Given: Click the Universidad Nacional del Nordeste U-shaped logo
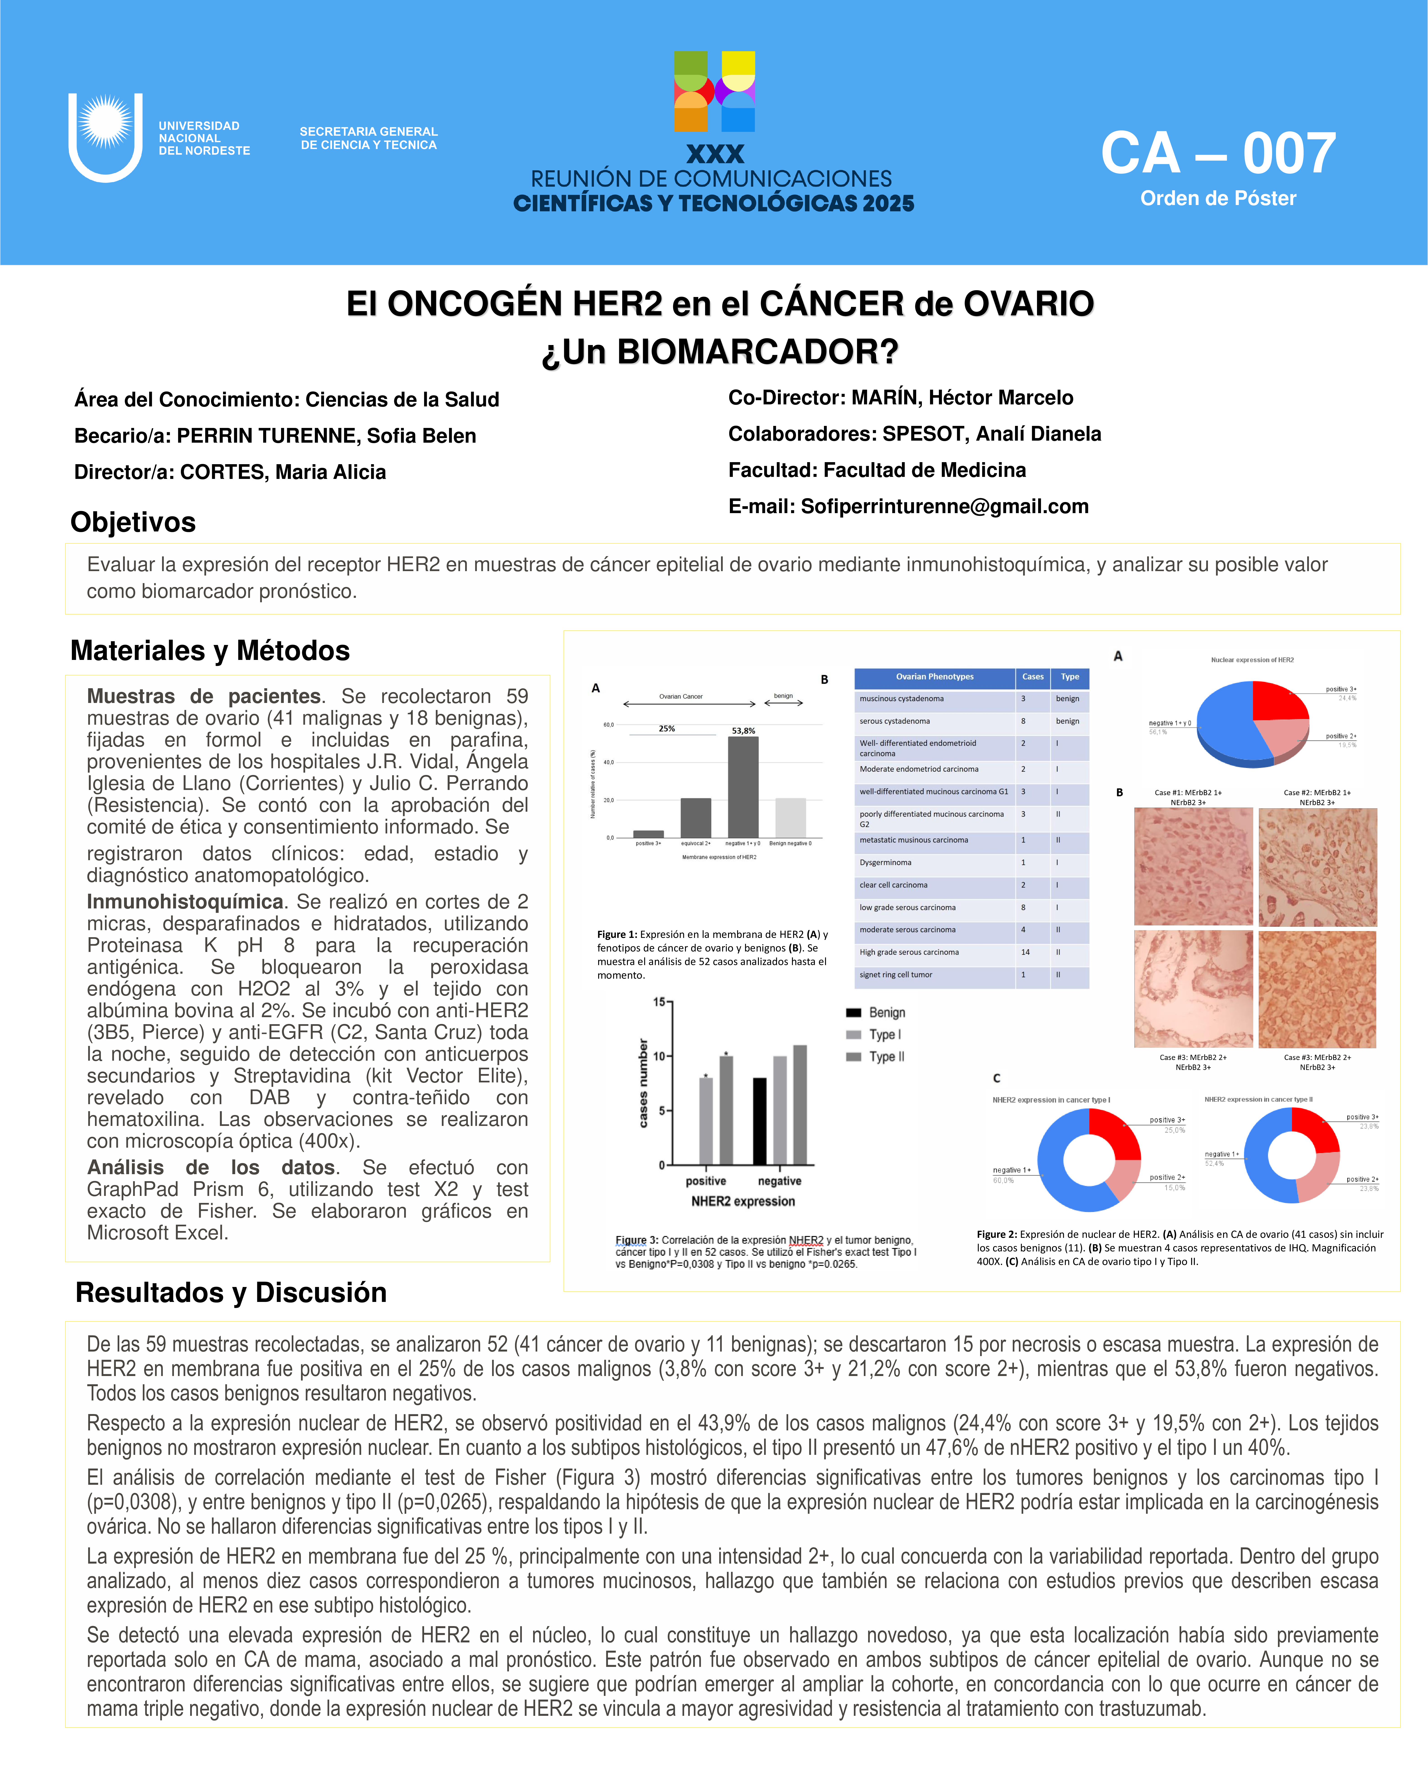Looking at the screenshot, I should [x=105, y=137].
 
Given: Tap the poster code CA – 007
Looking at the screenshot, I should [x=1218, y=154].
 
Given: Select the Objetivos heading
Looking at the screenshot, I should [x=133, y=522].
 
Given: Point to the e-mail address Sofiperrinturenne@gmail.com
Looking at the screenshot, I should [x=945, y=506].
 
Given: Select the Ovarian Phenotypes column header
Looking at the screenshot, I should [x=935, y=677].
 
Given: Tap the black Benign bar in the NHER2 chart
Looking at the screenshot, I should [x=759, y=1121].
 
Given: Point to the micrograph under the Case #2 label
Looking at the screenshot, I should [x=1317, y=867].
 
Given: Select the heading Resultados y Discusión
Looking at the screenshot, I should [x=231, y=1292].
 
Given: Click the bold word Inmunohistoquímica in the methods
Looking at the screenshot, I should [x=185, y=902].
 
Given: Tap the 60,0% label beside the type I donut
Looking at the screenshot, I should [x=1003, y=1180].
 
